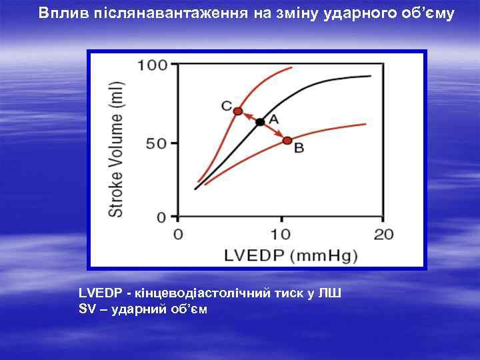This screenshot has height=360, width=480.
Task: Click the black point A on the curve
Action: (x=260, y=121)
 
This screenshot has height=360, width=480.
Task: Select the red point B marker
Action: (x=287, y=141)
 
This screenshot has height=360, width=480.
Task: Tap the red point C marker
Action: (x=238, y=111)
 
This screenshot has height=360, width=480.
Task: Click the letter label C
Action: (x=226, y=105)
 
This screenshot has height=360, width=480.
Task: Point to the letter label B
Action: (x=299, y=149)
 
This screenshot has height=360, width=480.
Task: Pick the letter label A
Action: (x=273, y=118)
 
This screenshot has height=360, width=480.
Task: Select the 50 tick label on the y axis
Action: (x=157, y=143)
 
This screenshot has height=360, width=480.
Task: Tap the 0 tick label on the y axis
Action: (x=161, y=217)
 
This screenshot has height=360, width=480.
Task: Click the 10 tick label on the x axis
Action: (x=281, y=235)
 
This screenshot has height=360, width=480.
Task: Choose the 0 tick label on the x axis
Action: (x=178, y=235)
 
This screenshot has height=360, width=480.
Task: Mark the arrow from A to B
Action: (x=274, y=131)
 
